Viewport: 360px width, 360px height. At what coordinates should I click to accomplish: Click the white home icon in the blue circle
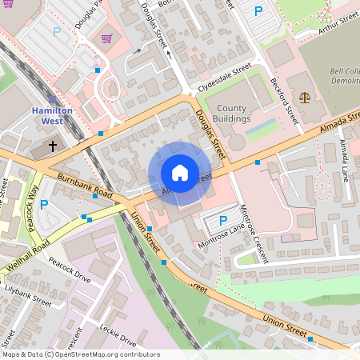[179, 173]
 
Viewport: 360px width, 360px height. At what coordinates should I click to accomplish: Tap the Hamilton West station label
[53, 115]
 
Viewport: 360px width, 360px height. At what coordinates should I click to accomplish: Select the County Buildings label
[232, 114]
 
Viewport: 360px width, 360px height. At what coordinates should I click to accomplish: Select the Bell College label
[344, 77]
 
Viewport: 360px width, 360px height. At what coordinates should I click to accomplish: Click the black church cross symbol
[54, 146]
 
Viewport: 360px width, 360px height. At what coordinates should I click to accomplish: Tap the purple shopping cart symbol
[106, 38]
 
